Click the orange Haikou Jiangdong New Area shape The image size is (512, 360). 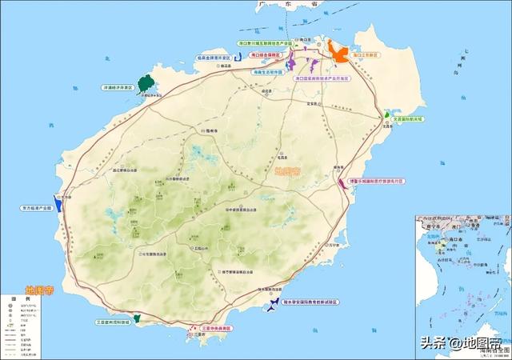339,54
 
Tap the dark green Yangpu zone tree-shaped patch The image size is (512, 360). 146,82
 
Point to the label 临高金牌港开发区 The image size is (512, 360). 214,58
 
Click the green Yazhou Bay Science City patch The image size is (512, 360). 138,318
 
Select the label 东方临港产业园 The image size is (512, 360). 36,208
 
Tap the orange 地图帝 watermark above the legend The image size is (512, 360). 41,290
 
